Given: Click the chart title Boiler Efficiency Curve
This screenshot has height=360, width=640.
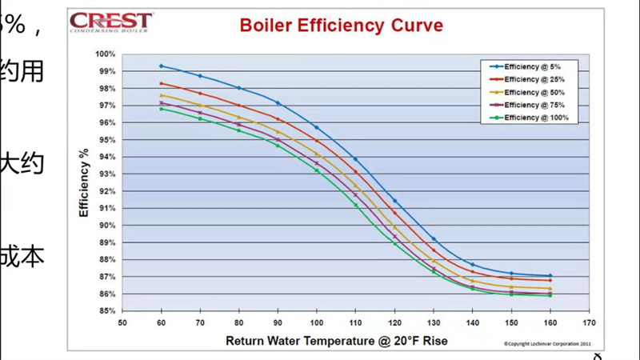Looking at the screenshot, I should pos(341,26).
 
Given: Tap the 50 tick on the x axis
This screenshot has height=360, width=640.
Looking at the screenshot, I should pos(122,323).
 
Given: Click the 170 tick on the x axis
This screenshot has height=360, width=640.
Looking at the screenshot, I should pos(590,323).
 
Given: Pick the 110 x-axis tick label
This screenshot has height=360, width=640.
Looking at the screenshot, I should pos(356,323).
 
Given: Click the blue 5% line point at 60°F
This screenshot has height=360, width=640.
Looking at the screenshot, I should pos(162,66).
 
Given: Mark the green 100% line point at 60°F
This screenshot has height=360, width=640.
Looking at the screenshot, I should pos(162,109).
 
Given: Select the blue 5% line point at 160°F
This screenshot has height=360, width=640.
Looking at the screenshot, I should pos(550,276).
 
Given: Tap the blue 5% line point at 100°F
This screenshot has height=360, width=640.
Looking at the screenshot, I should pos(317,127).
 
